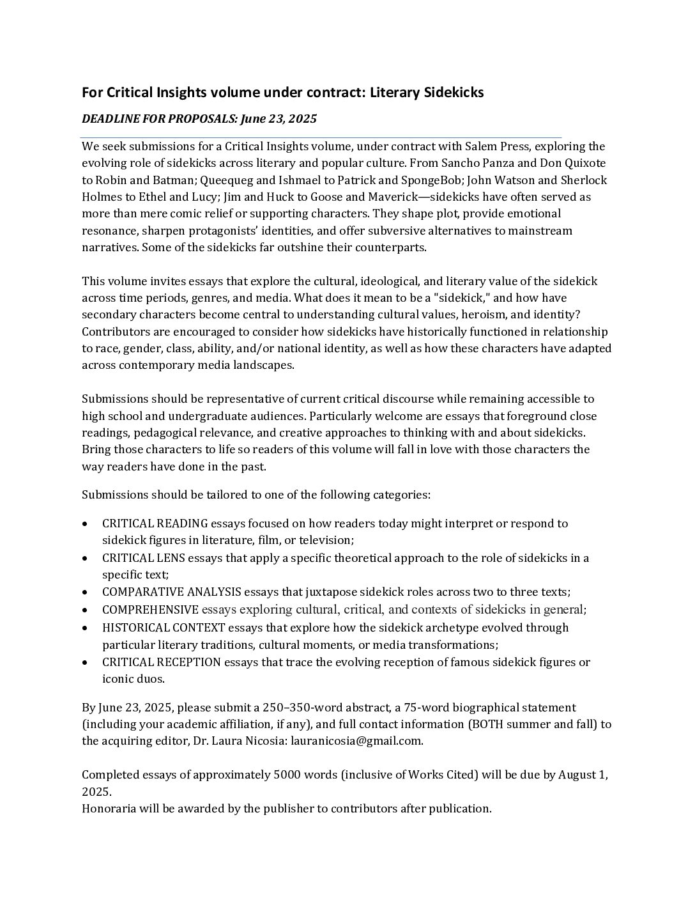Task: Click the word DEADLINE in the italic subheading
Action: point(108,119)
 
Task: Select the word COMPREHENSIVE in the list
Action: point(151,609)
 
